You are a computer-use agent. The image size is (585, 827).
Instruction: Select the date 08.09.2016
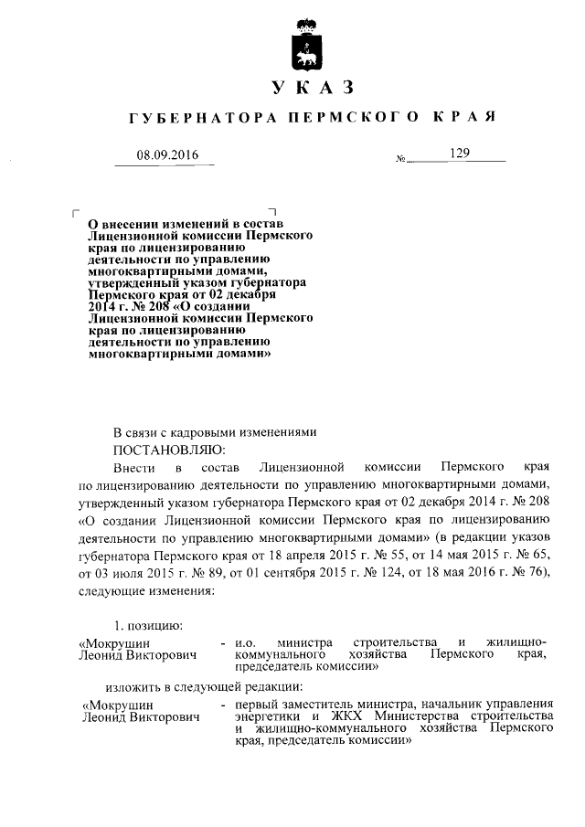click(x=167, y=155)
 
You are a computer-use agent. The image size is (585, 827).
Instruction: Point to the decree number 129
click(x=458, y=154)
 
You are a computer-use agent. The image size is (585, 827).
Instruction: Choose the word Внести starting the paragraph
click(x=134, y=466)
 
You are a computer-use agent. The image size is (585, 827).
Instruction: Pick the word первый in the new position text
click(x=257, y=705)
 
